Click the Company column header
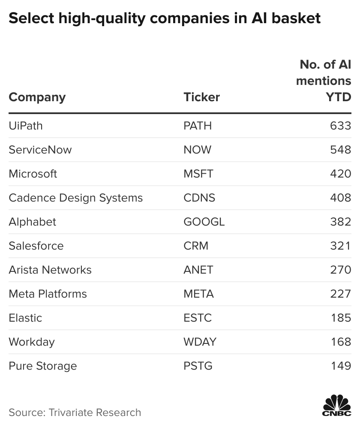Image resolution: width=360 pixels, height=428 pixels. click(37, 98)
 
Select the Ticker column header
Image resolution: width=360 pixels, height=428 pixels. click(201, 97)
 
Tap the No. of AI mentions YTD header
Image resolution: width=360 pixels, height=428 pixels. click(324, 81)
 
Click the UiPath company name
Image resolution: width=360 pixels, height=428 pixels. click(26, 126)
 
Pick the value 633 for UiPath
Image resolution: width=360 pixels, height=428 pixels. click(341, 126)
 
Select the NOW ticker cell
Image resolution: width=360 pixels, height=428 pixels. click(198, 150)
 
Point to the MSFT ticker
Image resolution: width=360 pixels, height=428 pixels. click(198, 174)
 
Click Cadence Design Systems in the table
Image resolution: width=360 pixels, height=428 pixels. click(75, 198)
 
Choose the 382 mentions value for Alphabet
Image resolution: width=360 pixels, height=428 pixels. click(341, 222)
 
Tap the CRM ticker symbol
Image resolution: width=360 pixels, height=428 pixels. click(196, 246)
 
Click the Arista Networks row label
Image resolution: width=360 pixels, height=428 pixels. click(50, 270)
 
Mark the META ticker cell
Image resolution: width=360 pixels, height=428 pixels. click(198, 294)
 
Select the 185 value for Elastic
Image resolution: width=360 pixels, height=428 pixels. click(341, 318)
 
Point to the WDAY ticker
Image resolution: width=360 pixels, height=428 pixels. click(200, 342)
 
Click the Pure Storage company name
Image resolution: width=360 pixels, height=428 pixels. click(43, 366)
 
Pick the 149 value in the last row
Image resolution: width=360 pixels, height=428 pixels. click(341, 366)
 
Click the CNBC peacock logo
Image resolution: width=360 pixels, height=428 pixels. click(337, 405)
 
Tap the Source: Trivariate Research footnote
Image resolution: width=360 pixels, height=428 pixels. click(75, 413)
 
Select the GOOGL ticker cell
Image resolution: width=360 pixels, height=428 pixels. click(204, 222)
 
